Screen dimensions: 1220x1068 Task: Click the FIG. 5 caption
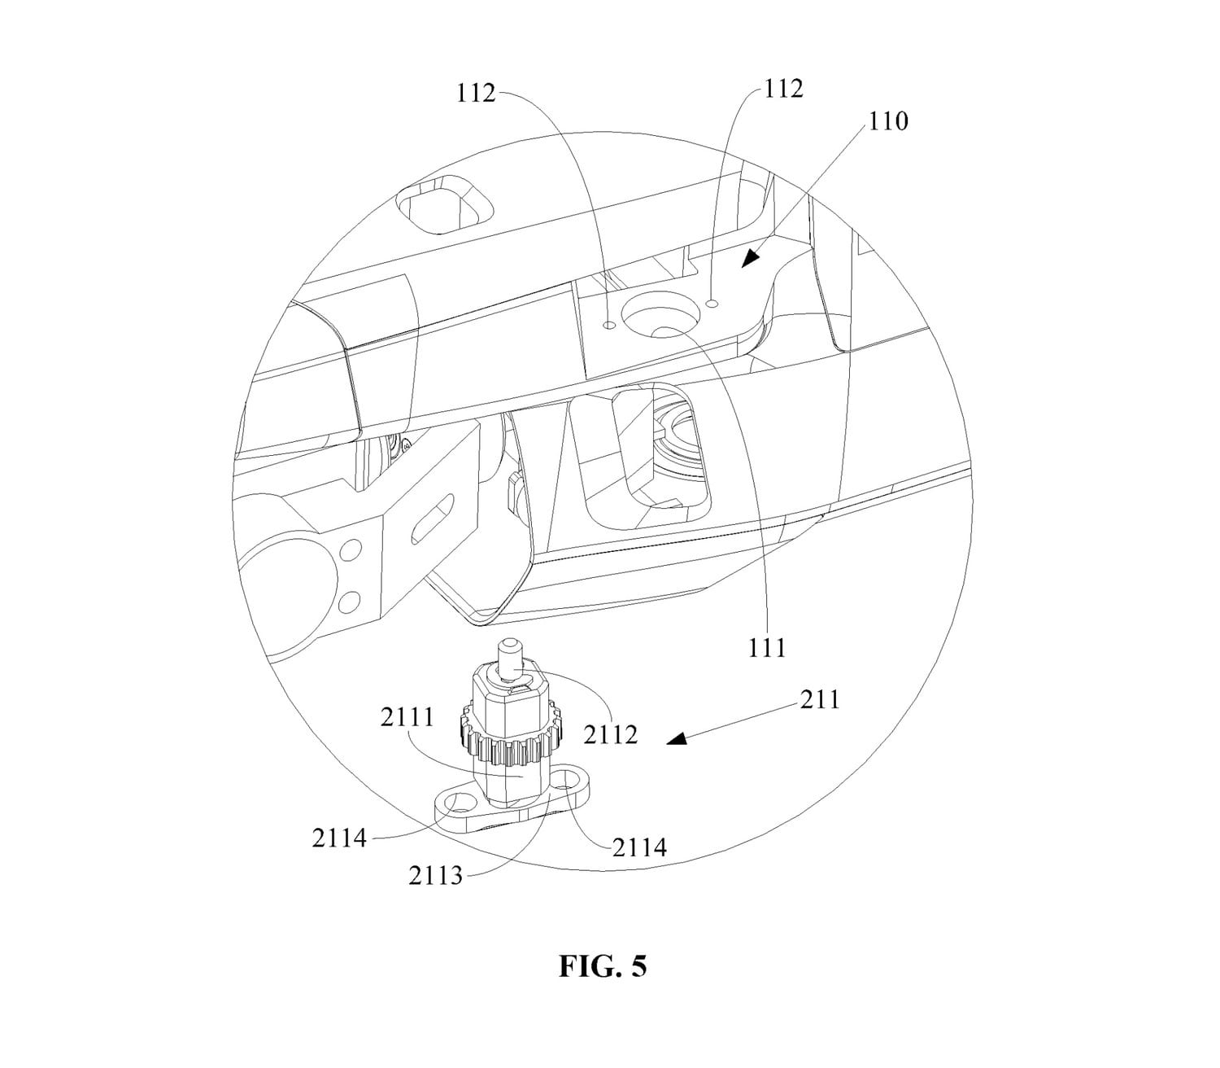click(x=602, y=965)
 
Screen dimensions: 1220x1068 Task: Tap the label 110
click(x=888, y=121)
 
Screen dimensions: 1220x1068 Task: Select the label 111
click(x=767, y=647)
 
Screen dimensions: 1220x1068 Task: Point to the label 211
click(x=820, y=699)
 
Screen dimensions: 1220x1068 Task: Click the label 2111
click(x=407, y=716)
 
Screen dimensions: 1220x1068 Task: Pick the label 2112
click(x=611, y=734)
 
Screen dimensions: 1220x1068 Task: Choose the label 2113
click(x=435, y=875)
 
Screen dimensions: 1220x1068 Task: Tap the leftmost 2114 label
click(x=338, y=838)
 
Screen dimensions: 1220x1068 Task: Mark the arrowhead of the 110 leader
click(x=751, y=257)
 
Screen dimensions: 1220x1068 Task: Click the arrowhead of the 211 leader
click(x=676, y=740)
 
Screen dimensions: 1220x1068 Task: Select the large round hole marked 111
click(x=660, y=313)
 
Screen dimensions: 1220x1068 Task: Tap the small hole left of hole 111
click(x=609, y=325)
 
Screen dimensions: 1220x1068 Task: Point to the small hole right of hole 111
click(x=712, y=304)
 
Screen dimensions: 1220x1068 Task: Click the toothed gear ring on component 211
click(x=502, y=736)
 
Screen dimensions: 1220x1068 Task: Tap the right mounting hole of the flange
click(x=569, y=779)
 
